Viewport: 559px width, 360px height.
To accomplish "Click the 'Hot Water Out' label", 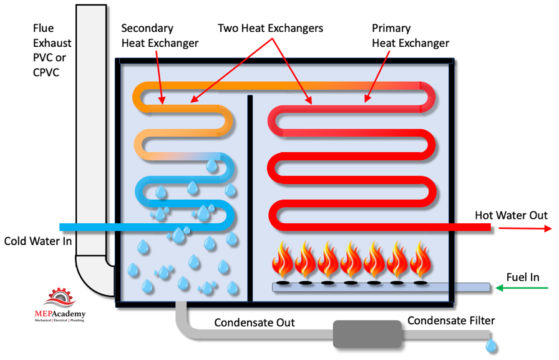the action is (x=511, y=215).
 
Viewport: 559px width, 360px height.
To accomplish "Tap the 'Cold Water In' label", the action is (x=38, y=241).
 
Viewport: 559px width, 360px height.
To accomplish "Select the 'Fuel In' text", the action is (x=523, y=277).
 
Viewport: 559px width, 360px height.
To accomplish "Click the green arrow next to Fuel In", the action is (x=522, y=288).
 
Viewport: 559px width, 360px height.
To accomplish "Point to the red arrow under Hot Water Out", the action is (x=525, y=228).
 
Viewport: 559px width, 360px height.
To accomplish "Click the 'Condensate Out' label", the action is (x=254, y=323).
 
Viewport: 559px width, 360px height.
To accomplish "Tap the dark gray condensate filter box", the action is (x=367, y=334).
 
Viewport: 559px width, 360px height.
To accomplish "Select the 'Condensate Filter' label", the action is (x=451, y=321).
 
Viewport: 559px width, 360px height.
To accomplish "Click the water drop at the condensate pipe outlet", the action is (x=491, y=346).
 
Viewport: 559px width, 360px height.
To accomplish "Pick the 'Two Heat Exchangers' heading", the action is (x=270, y=28).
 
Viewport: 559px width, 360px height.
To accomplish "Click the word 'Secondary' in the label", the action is (x=147, y=28).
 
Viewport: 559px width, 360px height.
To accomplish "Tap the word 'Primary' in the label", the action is (x=391, y=28).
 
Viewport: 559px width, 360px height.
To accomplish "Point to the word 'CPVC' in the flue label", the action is (x=46, y=72).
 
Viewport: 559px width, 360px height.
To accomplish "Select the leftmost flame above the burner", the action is (x=283, y=260).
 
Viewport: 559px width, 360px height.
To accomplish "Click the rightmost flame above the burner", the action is (x=420, y=260).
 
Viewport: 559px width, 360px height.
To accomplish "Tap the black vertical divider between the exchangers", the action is (x=250, y=198).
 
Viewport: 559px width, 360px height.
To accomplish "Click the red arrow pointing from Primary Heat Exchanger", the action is (x=376, y=77).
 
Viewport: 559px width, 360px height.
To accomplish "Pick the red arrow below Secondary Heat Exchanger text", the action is (x=160, y=77).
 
